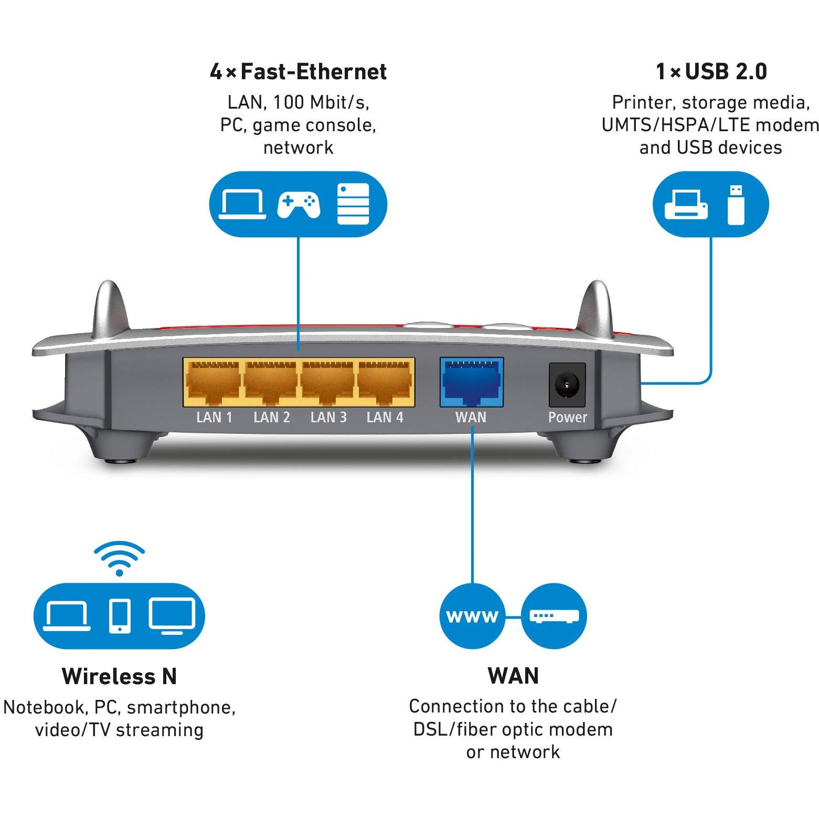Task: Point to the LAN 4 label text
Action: click(385, 418)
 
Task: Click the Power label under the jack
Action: click(567, 418)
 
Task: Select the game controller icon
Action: click(299, 204)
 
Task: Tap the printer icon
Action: click(686, 204)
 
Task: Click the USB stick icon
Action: click(736, 204)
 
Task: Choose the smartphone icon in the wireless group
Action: click(120, 616)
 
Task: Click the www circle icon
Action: click(472, 616)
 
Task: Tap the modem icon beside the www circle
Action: click(554, 616)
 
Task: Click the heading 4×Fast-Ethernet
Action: click(298, 71)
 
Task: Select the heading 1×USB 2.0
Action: click(711, 71)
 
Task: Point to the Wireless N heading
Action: click(119, 676)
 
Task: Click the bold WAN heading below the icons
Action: click(513, 676)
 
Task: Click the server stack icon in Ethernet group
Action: click(353, 204)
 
